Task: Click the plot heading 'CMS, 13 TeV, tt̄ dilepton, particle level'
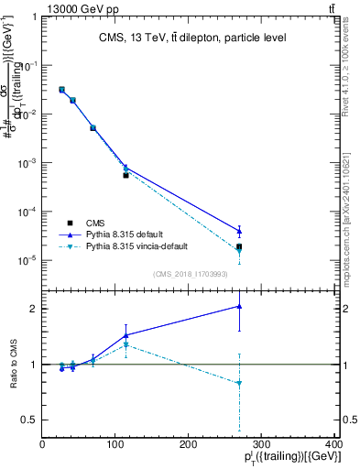click(192, 38)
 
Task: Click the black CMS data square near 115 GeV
click(125, 175)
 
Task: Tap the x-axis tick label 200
click(189, 445)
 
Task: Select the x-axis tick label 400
click(334, 445)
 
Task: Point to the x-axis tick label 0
click(43, 445)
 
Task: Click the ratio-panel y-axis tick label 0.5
click(30, 420)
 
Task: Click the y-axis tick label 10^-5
click(28, 260)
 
